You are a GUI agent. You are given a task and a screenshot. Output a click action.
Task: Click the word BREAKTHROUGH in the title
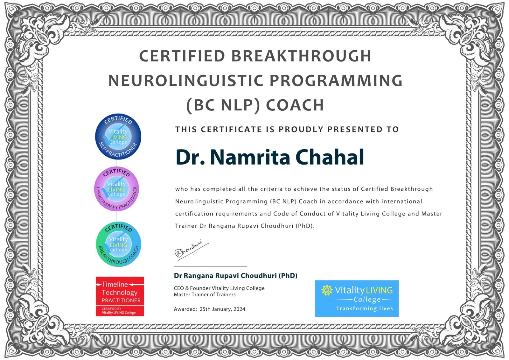click(301, 56)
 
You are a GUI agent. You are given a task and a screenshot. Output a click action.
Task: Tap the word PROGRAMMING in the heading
click(336, 81)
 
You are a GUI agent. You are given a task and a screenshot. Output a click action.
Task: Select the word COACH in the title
click(295, 105)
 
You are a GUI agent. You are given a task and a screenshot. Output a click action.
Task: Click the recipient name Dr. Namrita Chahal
click(270, 157)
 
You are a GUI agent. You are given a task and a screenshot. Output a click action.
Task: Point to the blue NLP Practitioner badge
click(118, 137)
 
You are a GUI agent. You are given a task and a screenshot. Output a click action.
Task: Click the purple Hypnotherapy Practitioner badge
click(116, 189)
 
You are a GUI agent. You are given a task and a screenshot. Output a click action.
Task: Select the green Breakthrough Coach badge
click(118, 244)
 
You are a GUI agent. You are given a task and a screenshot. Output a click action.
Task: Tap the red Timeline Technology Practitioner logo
click(120, 296)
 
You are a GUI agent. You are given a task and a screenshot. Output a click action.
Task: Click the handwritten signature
click(192, 250)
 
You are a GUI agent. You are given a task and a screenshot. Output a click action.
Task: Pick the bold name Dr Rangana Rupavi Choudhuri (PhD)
click(235, 276)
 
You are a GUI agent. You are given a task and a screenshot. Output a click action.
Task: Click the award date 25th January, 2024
click(222, 309)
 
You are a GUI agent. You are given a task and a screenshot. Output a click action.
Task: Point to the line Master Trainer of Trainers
click(205, 294)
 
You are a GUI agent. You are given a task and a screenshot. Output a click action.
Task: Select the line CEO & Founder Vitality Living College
click(219, 288)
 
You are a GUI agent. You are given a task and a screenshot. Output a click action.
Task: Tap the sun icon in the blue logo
click(327, 290)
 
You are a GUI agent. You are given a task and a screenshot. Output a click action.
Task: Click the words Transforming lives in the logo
click(365, 309)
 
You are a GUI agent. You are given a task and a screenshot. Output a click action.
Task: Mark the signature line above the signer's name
click(210, 266)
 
